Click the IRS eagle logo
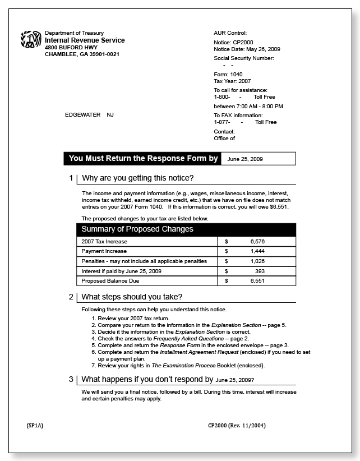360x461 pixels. coord(31,40)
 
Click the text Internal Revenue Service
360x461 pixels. coord(85,40)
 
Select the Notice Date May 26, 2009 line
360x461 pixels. coord(247,49)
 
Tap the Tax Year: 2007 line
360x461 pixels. coord(232,81)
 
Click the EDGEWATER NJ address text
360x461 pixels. coord(89,115)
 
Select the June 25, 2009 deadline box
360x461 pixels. coord(258,159)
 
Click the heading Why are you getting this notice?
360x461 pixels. coord(137,178)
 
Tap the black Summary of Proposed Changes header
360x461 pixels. coord(137,229)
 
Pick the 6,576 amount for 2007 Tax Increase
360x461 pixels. coord(257,241)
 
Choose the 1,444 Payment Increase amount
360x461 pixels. coord(257,251)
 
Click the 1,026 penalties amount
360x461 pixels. coord(257,261)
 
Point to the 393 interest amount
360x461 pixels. coord(260,271)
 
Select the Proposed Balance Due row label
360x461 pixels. coord(110,281)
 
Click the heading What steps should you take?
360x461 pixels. coord(132,297)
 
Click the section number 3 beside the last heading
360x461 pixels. coord(71,379)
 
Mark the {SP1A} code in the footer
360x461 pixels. coord(35,426)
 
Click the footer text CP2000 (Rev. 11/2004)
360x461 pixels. coord(237,426)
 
